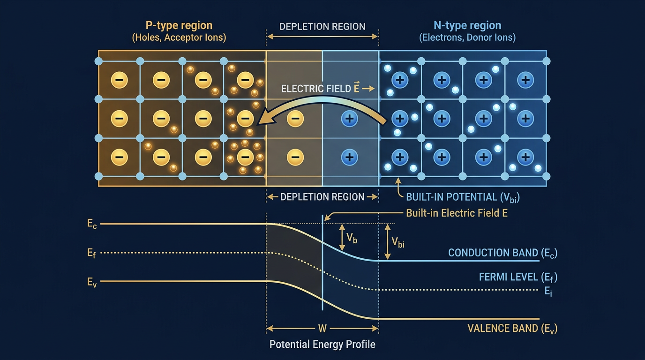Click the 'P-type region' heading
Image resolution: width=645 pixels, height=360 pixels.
(x=179, y=25)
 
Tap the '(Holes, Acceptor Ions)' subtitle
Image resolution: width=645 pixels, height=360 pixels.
(x=179, y=38)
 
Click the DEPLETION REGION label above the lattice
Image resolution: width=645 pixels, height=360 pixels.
(x=322, y=27)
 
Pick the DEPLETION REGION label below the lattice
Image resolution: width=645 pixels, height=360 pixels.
(x=322, y=197)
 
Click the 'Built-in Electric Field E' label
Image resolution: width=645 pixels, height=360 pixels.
(x=457, y=213)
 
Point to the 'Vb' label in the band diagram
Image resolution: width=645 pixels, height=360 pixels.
(x=352, y=239)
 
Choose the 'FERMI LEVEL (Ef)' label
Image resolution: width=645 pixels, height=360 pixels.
(x=517, y=277)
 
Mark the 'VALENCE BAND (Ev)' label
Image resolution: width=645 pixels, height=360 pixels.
(x=512, y=328)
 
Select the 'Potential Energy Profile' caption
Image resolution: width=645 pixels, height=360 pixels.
(x=322, y=345)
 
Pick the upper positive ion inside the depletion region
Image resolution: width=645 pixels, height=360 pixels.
(x=348, y=119)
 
